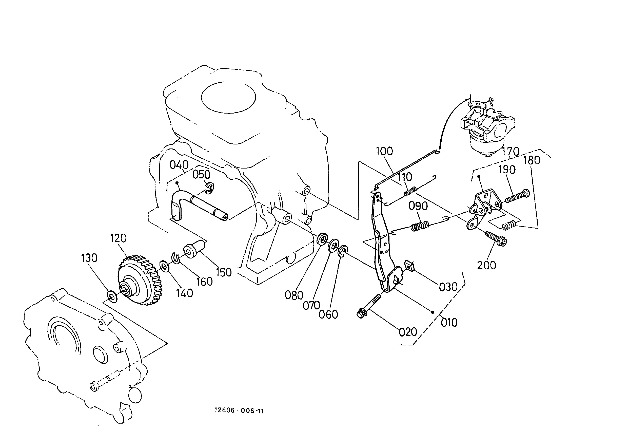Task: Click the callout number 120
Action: pos(119,238)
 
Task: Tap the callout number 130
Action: pos(89,258)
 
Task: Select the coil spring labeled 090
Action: pos(420,226)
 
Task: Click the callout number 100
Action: pos(385,151)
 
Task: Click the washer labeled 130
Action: pos(111,296)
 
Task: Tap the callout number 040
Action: pos(179,165)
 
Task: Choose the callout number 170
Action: pos(511,152)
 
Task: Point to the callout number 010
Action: pos(449,322)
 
